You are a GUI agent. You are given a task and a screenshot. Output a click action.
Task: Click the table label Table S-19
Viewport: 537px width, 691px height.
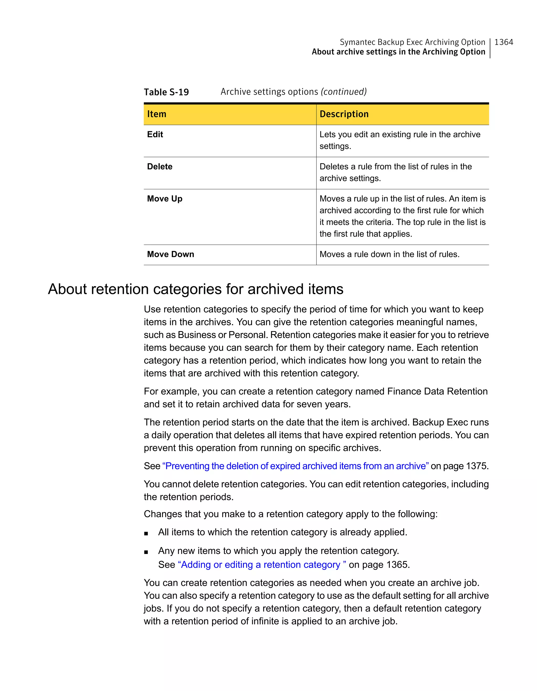[166, 92]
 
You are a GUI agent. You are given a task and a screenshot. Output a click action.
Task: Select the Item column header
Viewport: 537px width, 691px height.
[157, 114]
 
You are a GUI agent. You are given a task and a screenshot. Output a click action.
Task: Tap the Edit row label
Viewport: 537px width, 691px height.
[155, 134]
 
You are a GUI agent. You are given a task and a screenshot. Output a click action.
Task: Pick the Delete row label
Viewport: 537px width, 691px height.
[160, 167]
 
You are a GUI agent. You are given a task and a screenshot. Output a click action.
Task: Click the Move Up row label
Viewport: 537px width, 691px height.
[165, 199]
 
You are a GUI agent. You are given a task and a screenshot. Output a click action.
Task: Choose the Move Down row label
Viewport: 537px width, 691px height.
[170, 254]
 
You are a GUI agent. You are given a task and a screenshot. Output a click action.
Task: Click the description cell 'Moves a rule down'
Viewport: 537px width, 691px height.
[389, 254]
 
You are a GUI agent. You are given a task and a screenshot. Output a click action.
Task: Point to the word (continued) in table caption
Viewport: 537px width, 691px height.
[343, 92]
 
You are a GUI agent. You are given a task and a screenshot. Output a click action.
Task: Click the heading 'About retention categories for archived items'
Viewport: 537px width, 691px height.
[196, 289]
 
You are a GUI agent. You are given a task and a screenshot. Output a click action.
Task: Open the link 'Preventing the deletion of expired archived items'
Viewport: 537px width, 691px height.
[295, 466]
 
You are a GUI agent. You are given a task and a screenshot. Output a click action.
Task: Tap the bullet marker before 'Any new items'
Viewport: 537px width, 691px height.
[146, 552]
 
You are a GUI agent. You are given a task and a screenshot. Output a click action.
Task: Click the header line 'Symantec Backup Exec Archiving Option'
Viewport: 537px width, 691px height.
[412, 42]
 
